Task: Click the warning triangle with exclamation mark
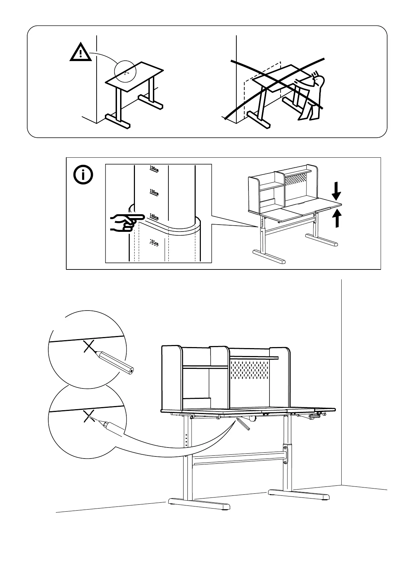pyautogui.click(x=81, y=53)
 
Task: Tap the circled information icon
pyautogui.click(x=83, y=175)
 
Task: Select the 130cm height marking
pyautogui.click(x=154, y=169)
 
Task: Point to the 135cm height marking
pyautogui.click(x=154, y=192)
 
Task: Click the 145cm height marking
pyautogui.click(x=154, y=217)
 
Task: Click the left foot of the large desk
pyautogui.click(x=199, y=503)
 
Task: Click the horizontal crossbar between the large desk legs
pyautogui.click(x=238, y=459)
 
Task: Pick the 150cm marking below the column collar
pyautogui.click(x=154, y=243)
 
